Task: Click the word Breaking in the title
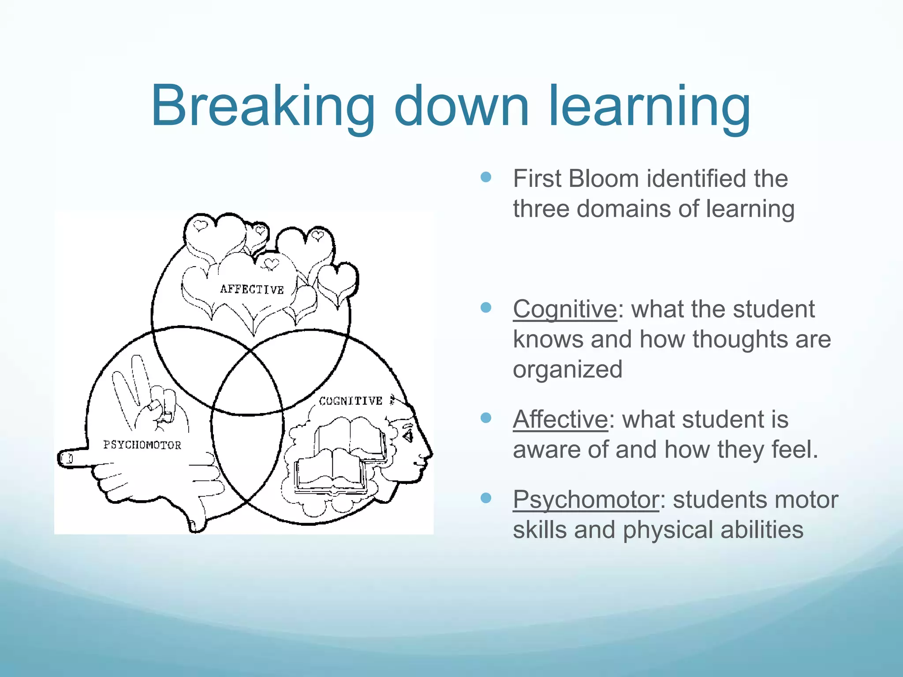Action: tap(263, 107)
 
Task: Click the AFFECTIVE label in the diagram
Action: tap(252, 289)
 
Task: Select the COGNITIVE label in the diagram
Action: tap(351, 401)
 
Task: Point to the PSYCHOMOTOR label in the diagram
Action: tap(142, 445)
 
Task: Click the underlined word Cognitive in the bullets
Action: tap(564, 309)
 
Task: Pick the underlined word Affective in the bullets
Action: tap(560, 419)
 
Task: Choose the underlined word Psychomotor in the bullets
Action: tap(586, 500)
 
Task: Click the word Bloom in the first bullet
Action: tap(604, 179)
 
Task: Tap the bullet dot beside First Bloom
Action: tap(486, 177)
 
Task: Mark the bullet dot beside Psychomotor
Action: tap(486, 498)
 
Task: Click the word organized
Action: tap(567, 369)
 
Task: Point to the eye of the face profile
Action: tap(408, 435)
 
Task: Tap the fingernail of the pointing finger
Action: tap(68, 459)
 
